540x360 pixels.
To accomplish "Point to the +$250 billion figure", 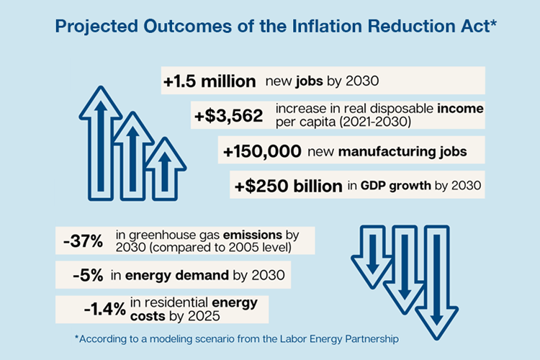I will [288, 186].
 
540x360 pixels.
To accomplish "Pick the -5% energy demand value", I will [89, 275].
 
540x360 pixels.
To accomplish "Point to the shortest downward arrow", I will [372, 256].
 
